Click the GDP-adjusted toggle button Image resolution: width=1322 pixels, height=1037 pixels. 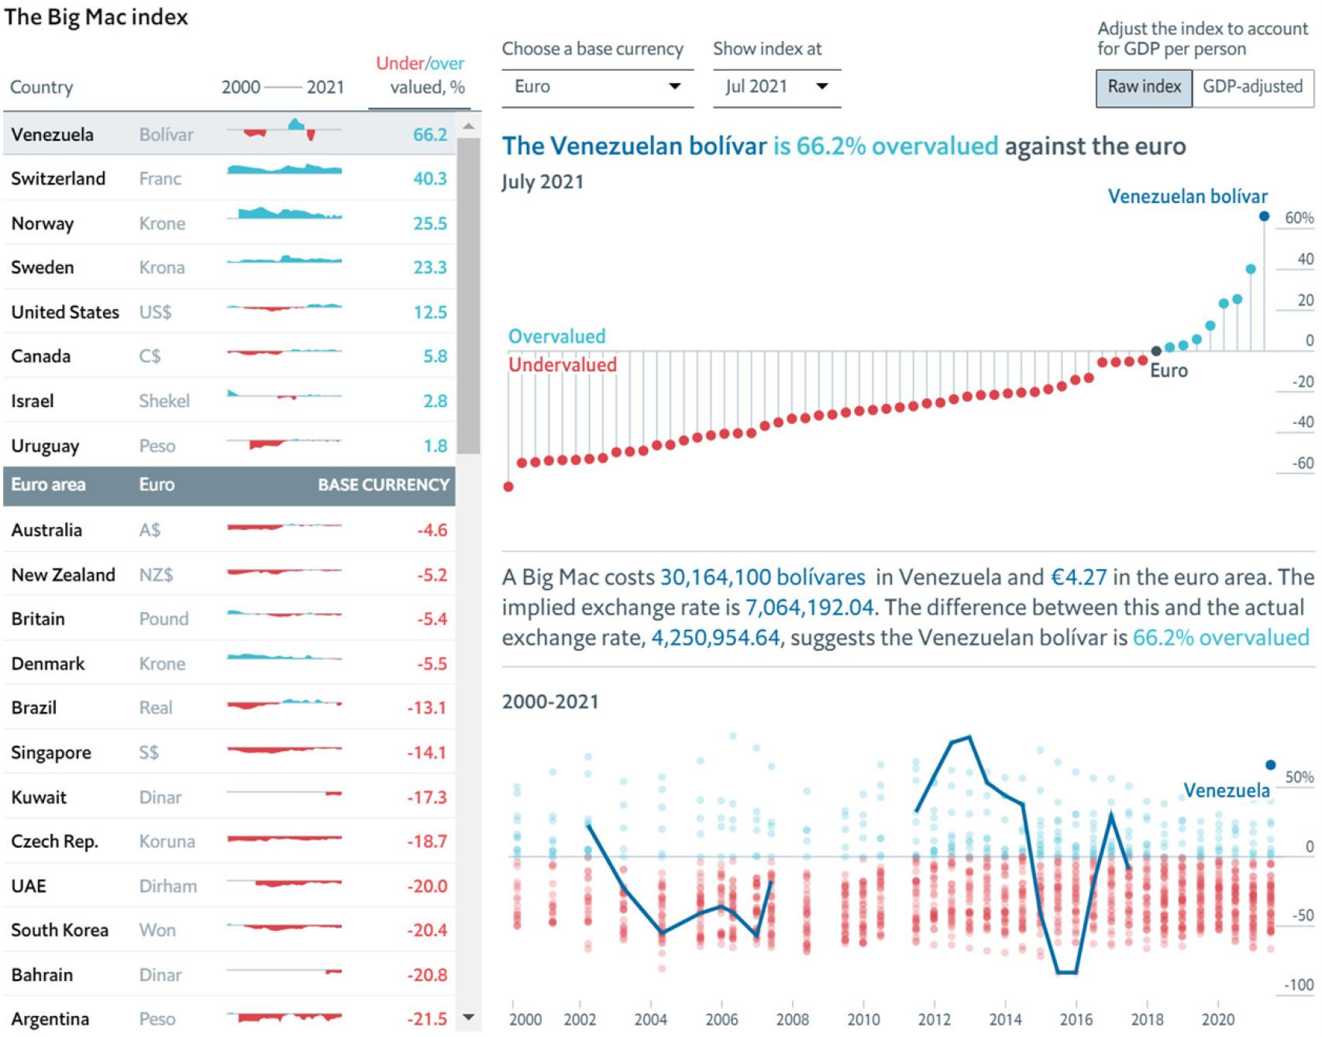click(x=1252, y=87)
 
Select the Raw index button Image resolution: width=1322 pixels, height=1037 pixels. click(x=1144, y=87)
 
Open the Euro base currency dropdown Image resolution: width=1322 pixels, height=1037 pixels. click(x=597, y=87)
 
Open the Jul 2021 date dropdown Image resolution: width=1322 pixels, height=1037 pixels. click(x=776, y=87)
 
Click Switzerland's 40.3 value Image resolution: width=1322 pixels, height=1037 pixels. click(x=430, y=179)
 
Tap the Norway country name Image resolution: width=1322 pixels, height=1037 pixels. click(x=43, y=224)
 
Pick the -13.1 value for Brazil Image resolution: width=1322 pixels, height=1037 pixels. click(x=427, y=708)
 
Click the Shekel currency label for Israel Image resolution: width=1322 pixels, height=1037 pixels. click(x=164, y=401)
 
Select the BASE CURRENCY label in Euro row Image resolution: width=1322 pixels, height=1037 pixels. click(x=384, y=485)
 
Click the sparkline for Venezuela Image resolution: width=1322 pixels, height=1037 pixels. click(x=284, y=130)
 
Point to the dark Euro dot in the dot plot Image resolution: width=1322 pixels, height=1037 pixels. click(x=1156, y=351)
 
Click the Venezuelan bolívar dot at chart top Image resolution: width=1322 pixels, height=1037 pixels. click(x=1265, y=217)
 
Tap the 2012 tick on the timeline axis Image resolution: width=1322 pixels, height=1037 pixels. click(x=934, y=1019)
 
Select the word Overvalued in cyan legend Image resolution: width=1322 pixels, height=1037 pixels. click(x=556, y=336)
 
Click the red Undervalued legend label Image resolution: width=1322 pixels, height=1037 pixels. click(x=563, y=365)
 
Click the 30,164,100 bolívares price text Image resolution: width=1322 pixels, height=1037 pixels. click(x=763, y=577)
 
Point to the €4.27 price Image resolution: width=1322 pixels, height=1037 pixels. click(x=1079, y=577)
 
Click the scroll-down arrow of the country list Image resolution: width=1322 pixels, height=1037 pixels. click(x=468, y=1018)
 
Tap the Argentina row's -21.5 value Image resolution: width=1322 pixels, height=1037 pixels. click(x=427, y=1019)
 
